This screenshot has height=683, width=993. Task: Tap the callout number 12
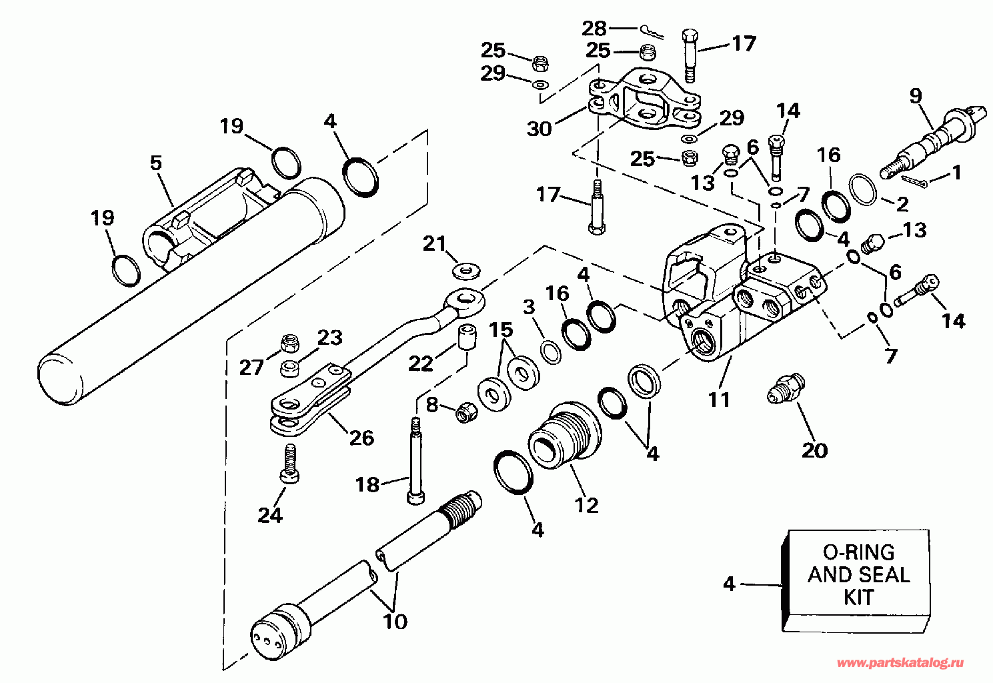pyautogui.click(x=586, y=505)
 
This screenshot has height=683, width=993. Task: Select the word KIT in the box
pyautogui.click(x=859, y=597)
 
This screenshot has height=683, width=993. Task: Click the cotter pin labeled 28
pyautogui.click(x=652, y=32)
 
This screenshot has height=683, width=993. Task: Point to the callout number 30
pyautogui.click(x=539, y=129)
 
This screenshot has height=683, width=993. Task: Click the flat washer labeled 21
pyautogui.click(x=466, y=271)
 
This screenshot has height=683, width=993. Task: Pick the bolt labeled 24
pyautogui.click(x=289, y=464)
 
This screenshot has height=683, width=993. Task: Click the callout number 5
pyautogui.click(x=156, y=163)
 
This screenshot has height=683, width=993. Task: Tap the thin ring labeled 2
pyautogui.click(x=864, y=189)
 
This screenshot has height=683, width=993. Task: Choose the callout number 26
pyautogui.click(x=361, y=438)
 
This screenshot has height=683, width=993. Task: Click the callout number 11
pyautogui.click(x=719, y=400)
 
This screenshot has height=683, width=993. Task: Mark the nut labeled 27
pyautogui.click(x=290, y=342)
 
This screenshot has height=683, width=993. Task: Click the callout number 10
pyautogui.click(x=395, y=622)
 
